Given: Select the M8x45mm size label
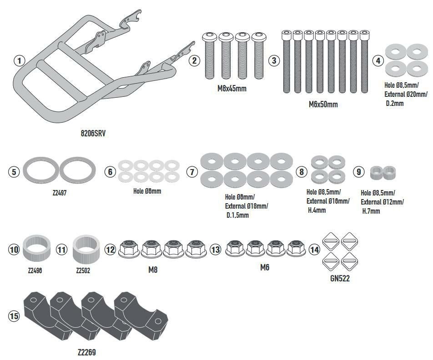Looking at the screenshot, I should pyautogui.click(x=232, y=89).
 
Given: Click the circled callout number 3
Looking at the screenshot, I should pyautogui.click(x=274, y=60).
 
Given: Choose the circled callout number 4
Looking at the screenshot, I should pyautogui.click(x=377, y=60).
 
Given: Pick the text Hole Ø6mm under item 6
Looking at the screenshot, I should pyautogui.click(x=147, y=191).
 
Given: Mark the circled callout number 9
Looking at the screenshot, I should pyautogui.click(x=359, y=172).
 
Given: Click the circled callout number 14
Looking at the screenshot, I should pyautogui.click(x=314, y=249).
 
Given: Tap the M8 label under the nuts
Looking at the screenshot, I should pyautogui.click(x=153, y=269).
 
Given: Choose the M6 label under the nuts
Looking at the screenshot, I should pyautogui.click(x=265, y=268).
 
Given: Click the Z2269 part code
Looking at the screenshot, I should pyautogui.click(x=86, y=352).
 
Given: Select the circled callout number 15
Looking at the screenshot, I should pyautogui.click(x=14, y=316).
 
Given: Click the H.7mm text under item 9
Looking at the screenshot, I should pyautogui.click(x=371, y=211).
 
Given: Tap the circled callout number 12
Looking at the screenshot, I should pyautogui.click(x=111, y=249).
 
